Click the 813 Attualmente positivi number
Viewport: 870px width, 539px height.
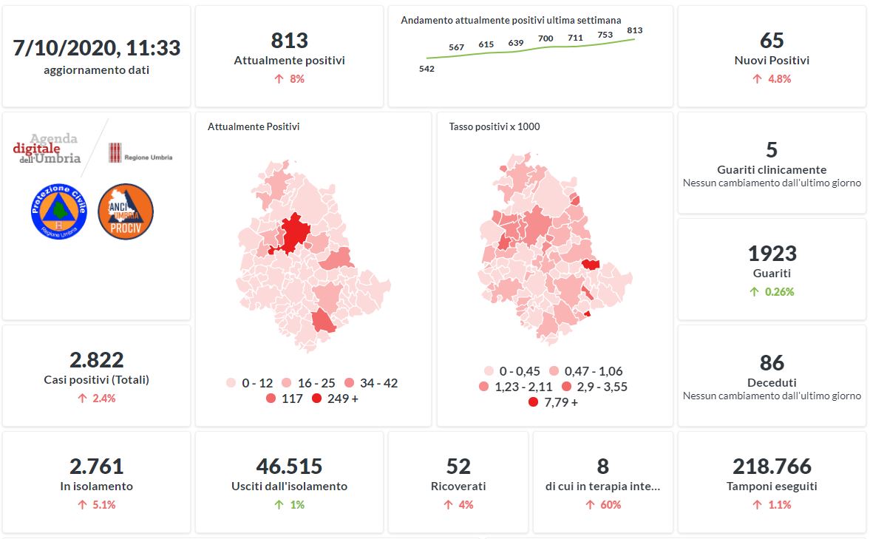[x=289, y=41]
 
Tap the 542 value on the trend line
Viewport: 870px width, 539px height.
[x=426, y=69]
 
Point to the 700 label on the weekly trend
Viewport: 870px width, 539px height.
[x=546, y=38]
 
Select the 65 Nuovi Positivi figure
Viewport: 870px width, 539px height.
[x=772, y=41]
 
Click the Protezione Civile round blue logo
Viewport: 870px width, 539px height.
[x=59, y=211]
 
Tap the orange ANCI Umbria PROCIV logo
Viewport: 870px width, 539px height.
[x=125, y=211]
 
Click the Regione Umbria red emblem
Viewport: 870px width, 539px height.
[x=115, y=152]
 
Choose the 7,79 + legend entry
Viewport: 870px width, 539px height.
[x=554, y=402]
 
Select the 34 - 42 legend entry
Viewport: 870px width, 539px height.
[x=371, y=383]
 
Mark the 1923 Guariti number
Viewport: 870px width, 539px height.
[x=772, y=254]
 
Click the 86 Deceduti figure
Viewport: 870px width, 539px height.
[x=772, y=363]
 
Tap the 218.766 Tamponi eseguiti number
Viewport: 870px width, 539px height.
[x=772, y=467]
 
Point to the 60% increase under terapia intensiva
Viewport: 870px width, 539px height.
[x=604, y=505]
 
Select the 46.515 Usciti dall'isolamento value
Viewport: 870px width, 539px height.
[x=289, y=467]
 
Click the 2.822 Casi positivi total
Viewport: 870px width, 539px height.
[x=96, y=360]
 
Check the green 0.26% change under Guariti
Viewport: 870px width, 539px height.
[x=772, y=292]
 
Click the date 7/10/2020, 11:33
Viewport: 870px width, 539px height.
[x=96, y=48]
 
